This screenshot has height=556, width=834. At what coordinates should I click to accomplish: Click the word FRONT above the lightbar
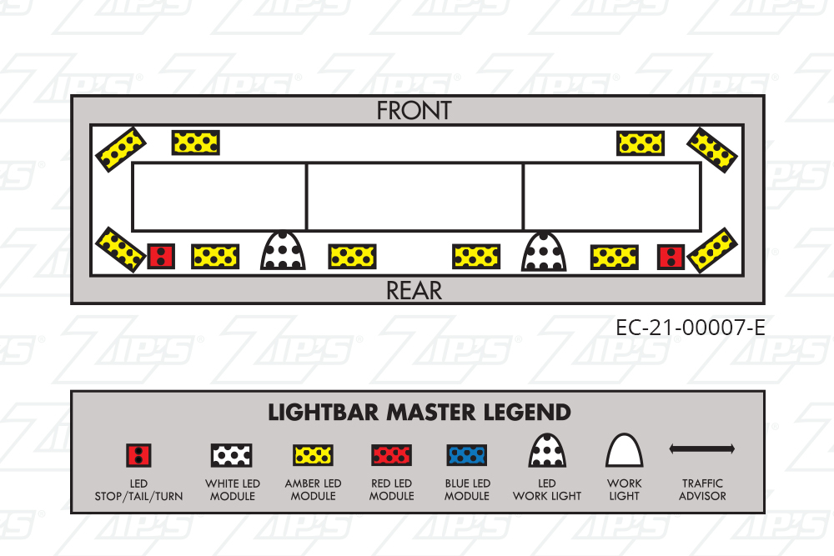coord(414,110)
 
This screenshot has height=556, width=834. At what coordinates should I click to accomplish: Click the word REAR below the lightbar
coord(414,290)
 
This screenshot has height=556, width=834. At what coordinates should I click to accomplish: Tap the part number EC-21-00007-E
coord(690,328)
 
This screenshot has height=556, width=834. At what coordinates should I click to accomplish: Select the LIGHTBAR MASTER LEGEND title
coord(419,413)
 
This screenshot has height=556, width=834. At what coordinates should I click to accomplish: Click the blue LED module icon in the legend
coord(467,455)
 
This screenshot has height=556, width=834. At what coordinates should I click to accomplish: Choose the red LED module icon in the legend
coord(391,455)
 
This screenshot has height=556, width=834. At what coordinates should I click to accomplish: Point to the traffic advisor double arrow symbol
coord(701,449)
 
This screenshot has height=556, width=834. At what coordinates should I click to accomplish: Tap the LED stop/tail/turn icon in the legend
coord(138,455)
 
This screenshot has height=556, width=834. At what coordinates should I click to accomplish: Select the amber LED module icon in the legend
coord(314,455)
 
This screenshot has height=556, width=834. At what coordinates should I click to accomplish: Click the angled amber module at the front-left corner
coord(120,148)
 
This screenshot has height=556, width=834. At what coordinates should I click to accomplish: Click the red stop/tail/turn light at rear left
coord(161,256)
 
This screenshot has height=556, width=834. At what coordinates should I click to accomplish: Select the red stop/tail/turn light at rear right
coord(671,256)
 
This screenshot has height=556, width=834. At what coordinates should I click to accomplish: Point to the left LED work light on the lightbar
coord(284,250)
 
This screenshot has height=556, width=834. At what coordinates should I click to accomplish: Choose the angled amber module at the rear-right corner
coord(712,250)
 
